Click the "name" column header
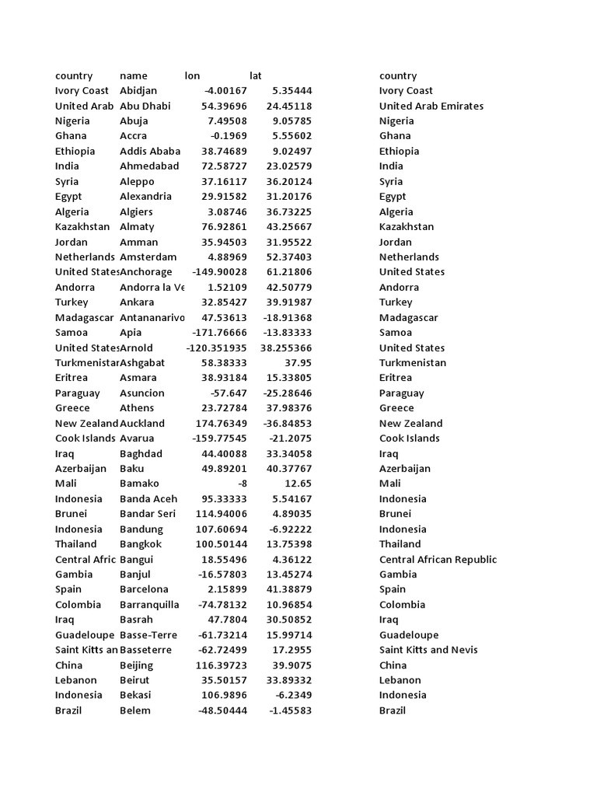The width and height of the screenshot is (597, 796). coord(133,76)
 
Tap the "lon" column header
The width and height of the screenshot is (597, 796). coord(192,76)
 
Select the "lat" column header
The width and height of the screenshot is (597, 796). coord(256,76)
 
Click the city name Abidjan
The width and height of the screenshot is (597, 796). coord(138,91)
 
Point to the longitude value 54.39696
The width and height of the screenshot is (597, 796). coord(224,106)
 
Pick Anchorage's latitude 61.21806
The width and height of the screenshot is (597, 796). coord(289,272)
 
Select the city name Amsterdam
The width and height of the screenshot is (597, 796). coord(148,257)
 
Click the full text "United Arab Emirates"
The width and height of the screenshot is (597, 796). coord(431,106)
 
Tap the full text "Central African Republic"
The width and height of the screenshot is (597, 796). coord(438,560)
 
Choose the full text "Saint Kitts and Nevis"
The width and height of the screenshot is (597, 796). coord(428,650)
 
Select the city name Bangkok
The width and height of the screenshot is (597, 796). coord(142,544)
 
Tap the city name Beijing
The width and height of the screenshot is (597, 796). coord(136,665)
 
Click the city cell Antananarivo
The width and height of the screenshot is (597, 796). coord(152,318)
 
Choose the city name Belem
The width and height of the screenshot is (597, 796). coord(135,710)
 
